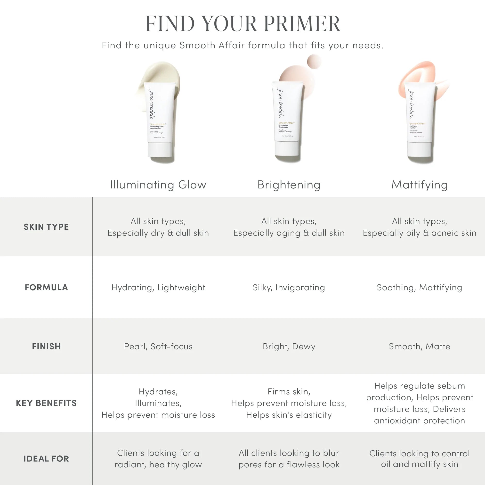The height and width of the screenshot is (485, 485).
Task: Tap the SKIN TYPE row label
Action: click(46, 227)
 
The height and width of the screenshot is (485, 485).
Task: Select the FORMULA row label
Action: click(46, 287)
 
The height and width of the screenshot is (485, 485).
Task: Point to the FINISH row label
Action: click(46, 347)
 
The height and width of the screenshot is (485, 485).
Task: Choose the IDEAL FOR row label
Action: click(46, 459)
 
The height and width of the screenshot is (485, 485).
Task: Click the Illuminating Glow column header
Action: click(158, 185)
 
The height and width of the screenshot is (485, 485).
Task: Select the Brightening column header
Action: click(289, 185)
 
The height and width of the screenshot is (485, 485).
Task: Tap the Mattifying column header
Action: click(420, 185)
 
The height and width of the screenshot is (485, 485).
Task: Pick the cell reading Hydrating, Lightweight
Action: click(158, 287)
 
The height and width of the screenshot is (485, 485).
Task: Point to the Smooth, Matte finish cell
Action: click(420, 347)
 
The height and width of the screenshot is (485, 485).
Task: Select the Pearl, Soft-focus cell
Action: click(158, 347)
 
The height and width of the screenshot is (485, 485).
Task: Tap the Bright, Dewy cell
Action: click(289, 347)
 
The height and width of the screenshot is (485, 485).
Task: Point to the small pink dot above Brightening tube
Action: click(314, 61)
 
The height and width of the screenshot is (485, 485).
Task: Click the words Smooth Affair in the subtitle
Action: click(212, 45)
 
